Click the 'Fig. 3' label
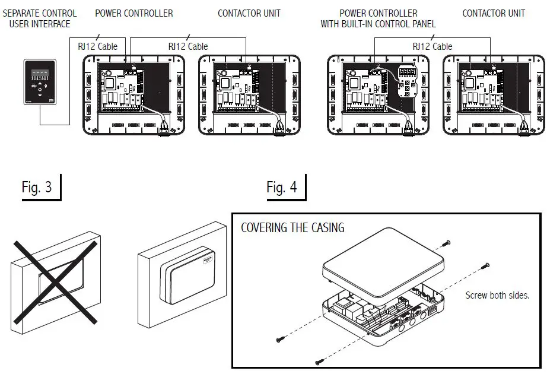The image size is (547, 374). pyautogui.click(x=37, y=188)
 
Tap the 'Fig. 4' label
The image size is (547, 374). pyautogui.click(x=282, y=188)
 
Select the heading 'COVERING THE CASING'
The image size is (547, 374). pyautogui.click(x=292, y=228)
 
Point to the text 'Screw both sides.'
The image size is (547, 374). pyautogui.click(x=497, y=295)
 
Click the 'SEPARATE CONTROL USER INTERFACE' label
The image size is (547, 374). pyautogui.click(x=40, y=18)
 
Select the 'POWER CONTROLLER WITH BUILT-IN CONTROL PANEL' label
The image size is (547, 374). pyautogui.click(x=379, y=18)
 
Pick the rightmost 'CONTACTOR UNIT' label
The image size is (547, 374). pyautogui.click(x=494, y=13)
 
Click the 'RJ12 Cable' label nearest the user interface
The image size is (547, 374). pyautogui.click(x=98, y=46)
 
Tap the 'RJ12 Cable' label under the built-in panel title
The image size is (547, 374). pyautogui.click(x=432, y=46)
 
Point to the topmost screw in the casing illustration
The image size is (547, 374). pyautogui.click(x=447, y=242)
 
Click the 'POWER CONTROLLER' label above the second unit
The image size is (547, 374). pyautogui.click(x=134, y=13)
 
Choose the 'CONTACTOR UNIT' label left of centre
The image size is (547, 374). pyautogui.click(x=249, y=13)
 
